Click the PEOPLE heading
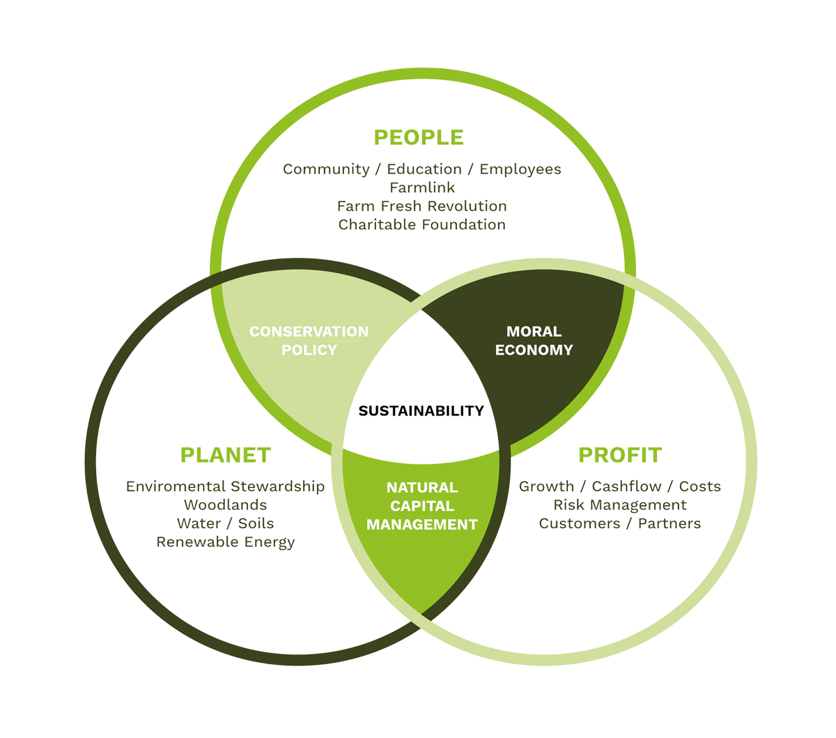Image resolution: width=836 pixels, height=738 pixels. point(418,137)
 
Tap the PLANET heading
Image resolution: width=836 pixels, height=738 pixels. point(225,455)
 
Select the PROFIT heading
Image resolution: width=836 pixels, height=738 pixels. point(619,455)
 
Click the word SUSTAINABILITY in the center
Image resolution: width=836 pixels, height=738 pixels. point(421,411)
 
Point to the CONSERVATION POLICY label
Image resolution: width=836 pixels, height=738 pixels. point(309,341)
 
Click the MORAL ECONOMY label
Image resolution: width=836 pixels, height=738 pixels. point(534,341)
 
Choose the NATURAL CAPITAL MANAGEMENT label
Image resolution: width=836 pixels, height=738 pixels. point(422,506)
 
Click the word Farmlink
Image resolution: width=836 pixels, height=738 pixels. point(422,187)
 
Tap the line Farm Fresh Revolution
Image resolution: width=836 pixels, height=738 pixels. point(422,206)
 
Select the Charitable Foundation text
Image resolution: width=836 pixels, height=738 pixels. point(422,224)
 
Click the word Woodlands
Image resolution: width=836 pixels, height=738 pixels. point(225,505)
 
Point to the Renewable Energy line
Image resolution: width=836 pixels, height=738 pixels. point(225,542)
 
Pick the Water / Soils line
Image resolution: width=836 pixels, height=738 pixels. point(225,523)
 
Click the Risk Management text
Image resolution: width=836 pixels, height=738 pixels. point(620,505)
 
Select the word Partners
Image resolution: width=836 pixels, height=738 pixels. point(669,523)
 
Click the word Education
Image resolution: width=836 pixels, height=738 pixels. point(424,169)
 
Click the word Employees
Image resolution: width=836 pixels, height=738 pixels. point(520,169)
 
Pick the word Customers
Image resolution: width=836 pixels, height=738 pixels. point(579,523)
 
